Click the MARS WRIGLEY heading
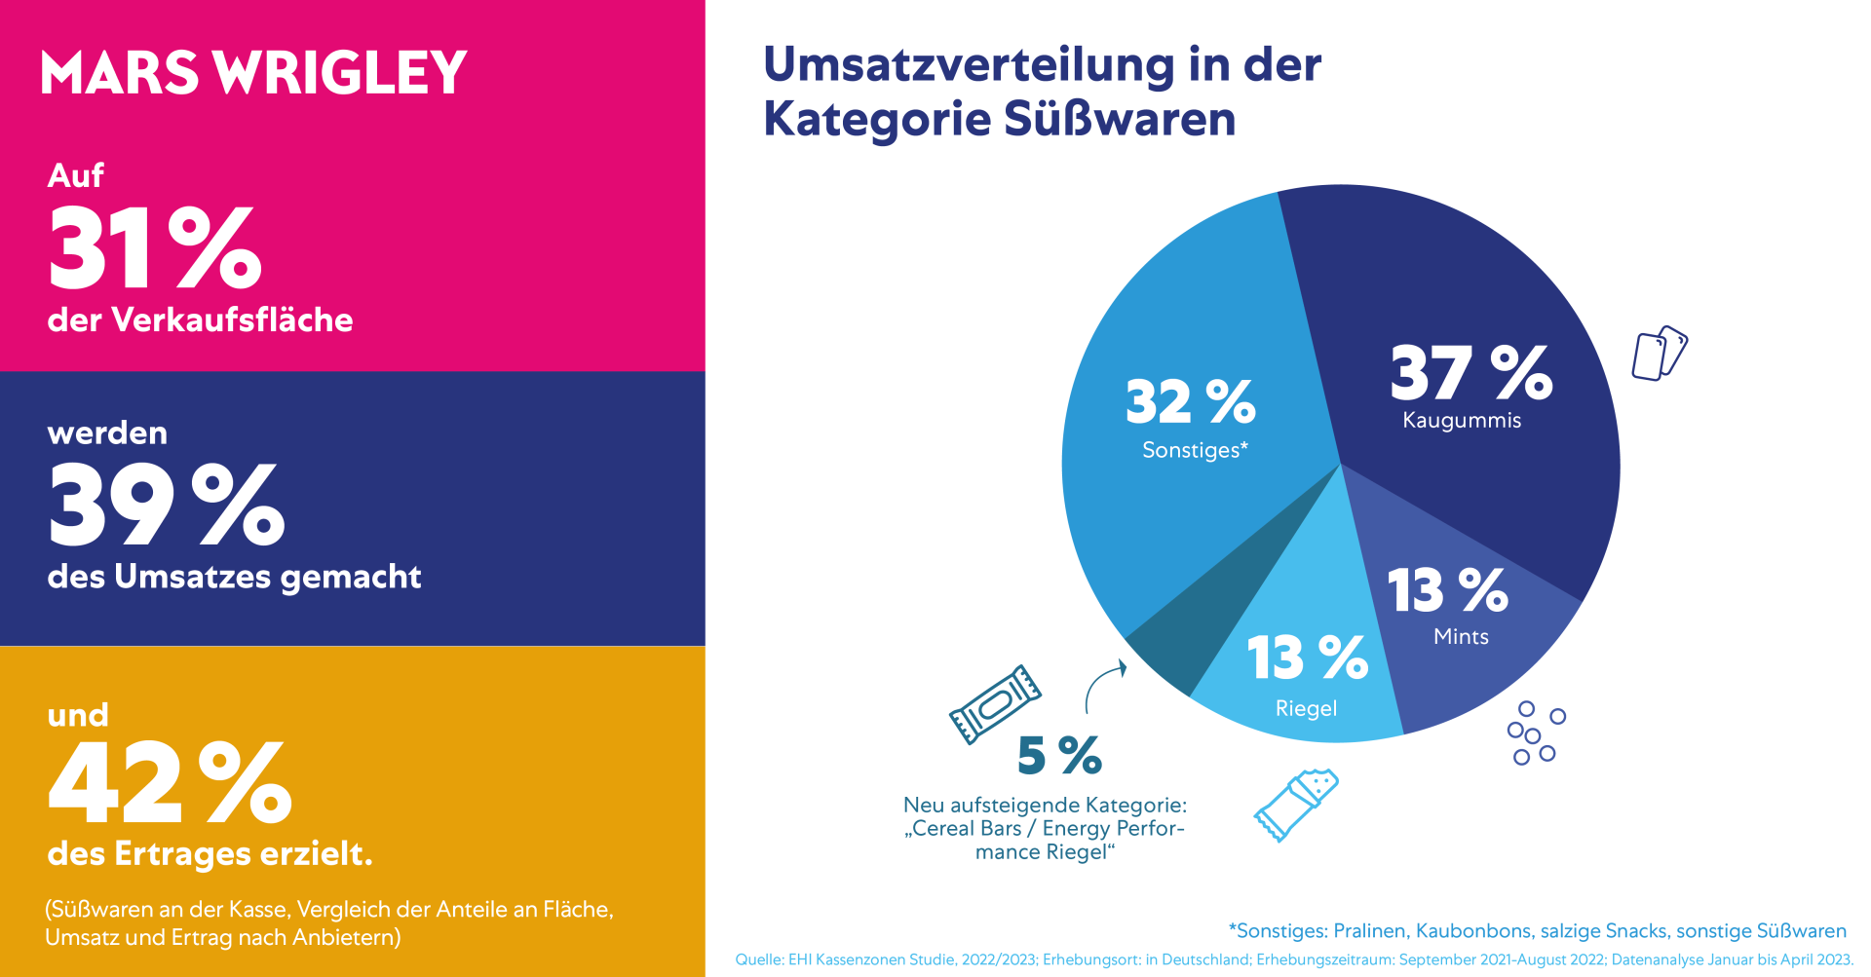coord(253,73)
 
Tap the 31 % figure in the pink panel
coord(155,249)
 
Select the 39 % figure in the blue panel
coord(167,505)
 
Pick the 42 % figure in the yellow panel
coord(170,782)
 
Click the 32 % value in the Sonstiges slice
coord(1190,401)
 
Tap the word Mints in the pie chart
coord(1461,637)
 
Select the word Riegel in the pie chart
coord(1306,709)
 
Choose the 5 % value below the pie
coord(1059,756)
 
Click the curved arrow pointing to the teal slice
coord(1104,686)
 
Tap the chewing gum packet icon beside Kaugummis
coord(1659,354)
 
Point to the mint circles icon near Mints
coord(1535,733)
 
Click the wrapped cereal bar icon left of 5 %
coord(994,704)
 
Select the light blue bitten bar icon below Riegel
coord(1296,805)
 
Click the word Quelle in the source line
coord(758,959)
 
